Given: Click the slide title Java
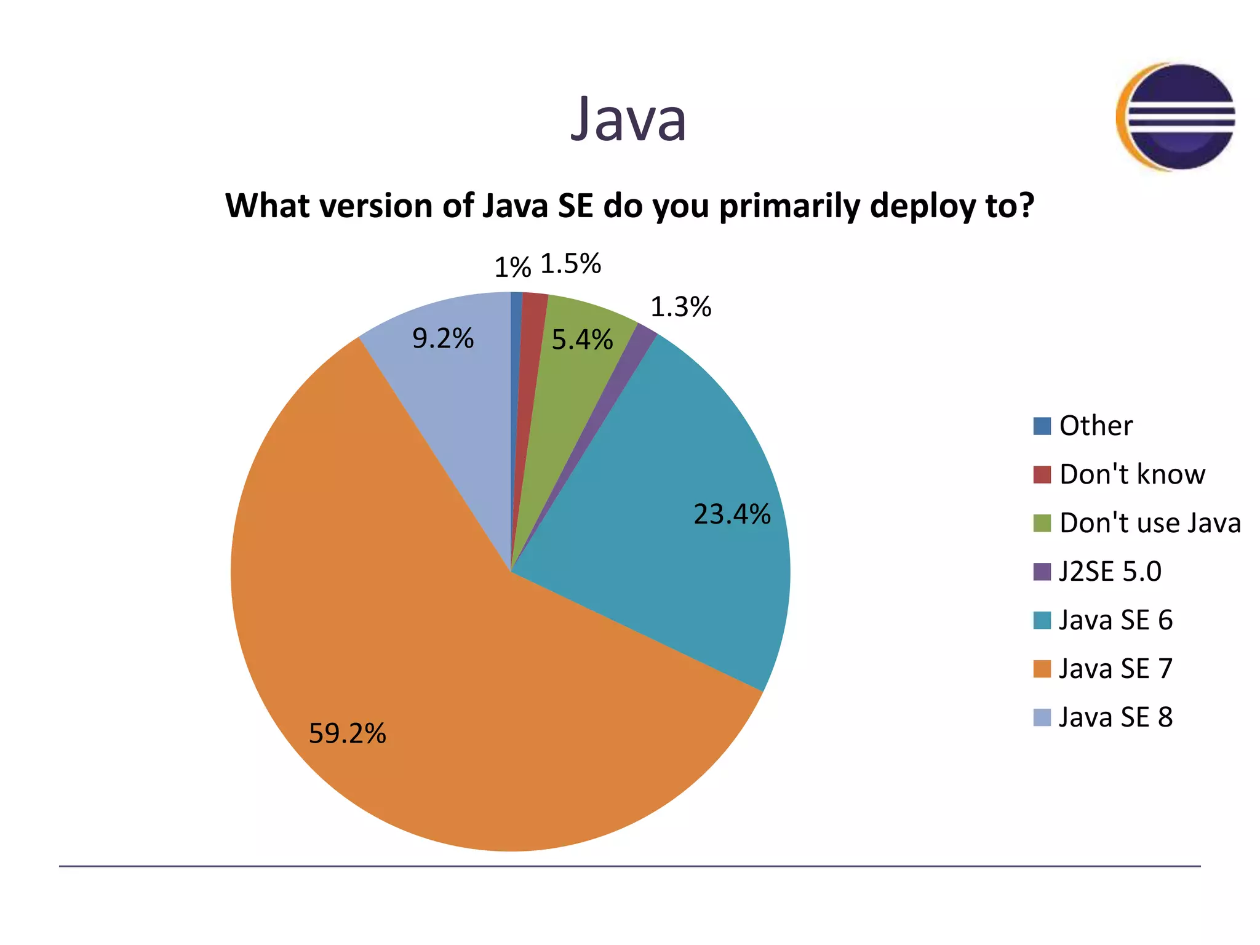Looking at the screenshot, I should point(628,119).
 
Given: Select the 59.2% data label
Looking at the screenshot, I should point(347,733).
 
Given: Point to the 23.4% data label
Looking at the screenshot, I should point(732,514).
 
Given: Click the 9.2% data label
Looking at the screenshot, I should point(443,338).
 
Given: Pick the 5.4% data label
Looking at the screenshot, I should point(582,340).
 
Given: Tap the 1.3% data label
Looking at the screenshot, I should point(680,307).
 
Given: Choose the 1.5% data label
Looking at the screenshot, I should point(570,264).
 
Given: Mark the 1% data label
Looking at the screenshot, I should point(512,268).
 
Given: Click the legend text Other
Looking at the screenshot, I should point(1096,426).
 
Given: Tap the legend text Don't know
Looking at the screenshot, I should point(1132,474).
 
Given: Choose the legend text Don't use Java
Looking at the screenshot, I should point(1150,523).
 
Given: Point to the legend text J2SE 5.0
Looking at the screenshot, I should point(1110,572).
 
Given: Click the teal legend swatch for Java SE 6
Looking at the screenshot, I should point(1042,620).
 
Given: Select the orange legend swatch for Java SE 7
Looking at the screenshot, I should point(1042,669).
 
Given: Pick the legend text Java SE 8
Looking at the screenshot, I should point(1115,717).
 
